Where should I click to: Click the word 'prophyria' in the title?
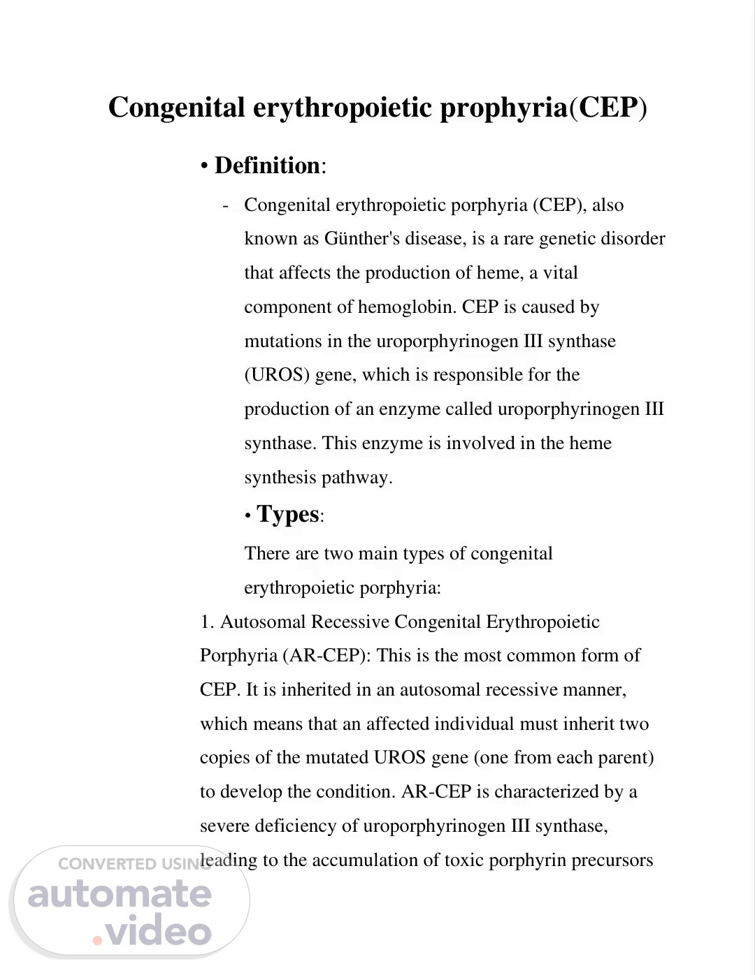click(x=503, y=108)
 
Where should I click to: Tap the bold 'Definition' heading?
click(x=267, y=166)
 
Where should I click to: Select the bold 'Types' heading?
click(x=288, y=514)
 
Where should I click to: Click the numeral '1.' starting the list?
click(x=207, y=622)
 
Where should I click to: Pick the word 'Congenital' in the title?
click(x=177, y=108)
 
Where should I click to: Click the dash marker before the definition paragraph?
click(x=225, y=206)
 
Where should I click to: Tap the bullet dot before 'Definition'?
click(x=204, y=167)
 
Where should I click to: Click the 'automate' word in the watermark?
click(x=120, y=895)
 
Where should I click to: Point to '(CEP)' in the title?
click(x=609, y=108)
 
